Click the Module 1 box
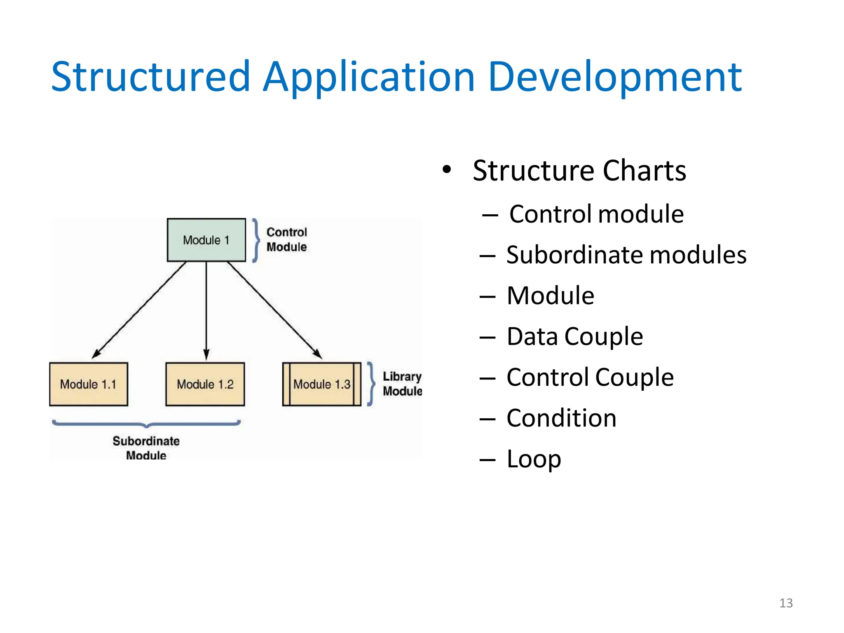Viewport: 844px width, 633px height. click(x=206, y=240)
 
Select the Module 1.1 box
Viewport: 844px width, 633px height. click(x=88, y=384)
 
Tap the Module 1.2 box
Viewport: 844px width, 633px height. click(x=205, y=384)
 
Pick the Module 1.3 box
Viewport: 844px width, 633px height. click(x=321, y=384)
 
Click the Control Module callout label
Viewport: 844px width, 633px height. click(x=286, y=239)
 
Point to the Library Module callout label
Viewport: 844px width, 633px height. click(x=402, y=384)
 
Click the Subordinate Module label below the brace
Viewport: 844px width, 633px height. click(x=146, y=448)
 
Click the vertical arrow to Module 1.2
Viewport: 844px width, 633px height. click(x=206, y=309)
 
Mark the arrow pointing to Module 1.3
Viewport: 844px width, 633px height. click(x=274, y=310)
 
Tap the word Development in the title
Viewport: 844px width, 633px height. click(x=615, y=77)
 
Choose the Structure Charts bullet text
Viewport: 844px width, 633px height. click(x=579, y=171)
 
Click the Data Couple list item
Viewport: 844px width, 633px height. click(x=574, y=336)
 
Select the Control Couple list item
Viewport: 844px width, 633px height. click(x=590, y=377)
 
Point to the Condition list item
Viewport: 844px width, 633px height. click(x=561, y=418)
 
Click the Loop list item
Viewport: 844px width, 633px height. click(x=534, y=459)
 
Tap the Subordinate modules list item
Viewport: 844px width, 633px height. click(x=626, y=255)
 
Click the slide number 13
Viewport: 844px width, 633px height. click(x=785, y=603)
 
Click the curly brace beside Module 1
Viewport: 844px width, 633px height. click(x=256, y=240)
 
